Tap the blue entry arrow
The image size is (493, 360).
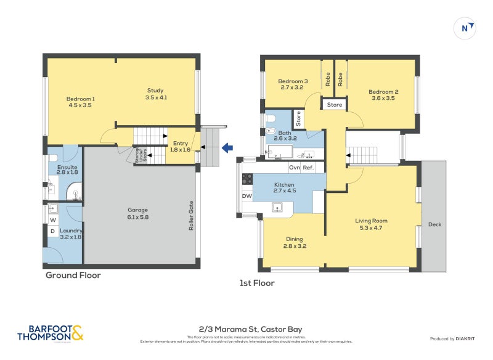(x=226, y=147)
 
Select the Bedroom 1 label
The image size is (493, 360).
(x=80, y=102)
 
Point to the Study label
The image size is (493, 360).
(x=155, y=94)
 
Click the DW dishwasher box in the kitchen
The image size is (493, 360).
(x=246, y=196)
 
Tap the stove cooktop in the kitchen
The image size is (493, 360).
(x=246, y=179)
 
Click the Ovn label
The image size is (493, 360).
(x=295, y=168)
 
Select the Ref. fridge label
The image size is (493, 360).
(x=308, y=168)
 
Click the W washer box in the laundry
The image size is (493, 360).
(x=52, y=219)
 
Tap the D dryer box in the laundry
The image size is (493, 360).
(x=52, y=232)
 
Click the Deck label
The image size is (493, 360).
(x=434, y=224)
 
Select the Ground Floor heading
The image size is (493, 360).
(x=73, y=276)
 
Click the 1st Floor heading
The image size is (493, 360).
(x=257, y=283)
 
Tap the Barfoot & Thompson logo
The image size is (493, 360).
(x=50, y=333)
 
